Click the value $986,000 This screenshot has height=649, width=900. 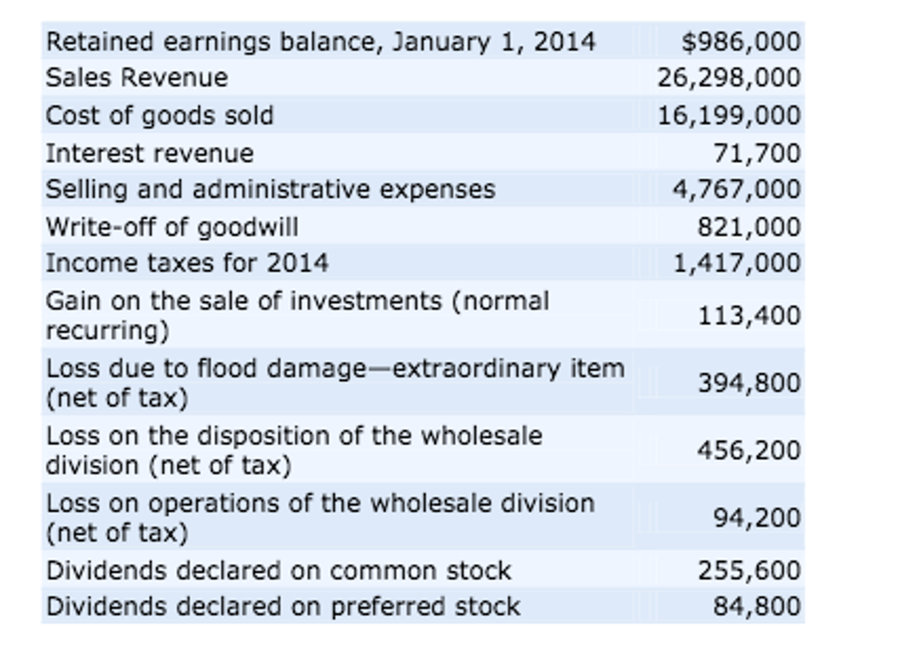pyautogui.click(x=741, y=42)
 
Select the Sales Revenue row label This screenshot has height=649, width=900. pyautogui.click(x=137, y=78)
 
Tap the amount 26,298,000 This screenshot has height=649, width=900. pyautogui.click(x=728, y=78)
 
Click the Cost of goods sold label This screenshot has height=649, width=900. pyautogui.click(x=160, y=116)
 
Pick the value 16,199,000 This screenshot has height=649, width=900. pyautogui.click(x=728, y=116)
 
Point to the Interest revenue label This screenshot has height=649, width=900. pyautogui.click(x=150, y=153)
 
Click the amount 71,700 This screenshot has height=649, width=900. pyautogui.click(x=757, y=153)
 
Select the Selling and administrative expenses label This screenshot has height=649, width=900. pyautogui.click(x=271, y=190)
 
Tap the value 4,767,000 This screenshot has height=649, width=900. pyautogui.click(x=736, y=190)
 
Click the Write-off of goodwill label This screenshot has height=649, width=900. pyautogui.click(x=172, y=227)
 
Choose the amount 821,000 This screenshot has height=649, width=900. pyautogui.click(x=749, y=227)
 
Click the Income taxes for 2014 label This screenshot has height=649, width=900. pyautogui.click(x=187, y=263)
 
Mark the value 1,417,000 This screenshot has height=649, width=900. pyautogui.click(x=736, y=263)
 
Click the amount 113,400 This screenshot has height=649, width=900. pyautogui.click(x=749, y=316)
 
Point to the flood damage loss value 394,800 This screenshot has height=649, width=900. pyautogui.click(x=749, y=383)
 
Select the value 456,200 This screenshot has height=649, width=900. pyautogui.click(x=749, y=450)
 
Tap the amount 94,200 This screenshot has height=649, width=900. pyautogui.click(x=757, y=518)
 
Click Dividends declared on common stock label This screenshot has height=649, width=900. pyautogui.click(x=278, y=571)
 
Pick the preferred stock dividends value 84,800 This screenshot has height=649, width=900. pyautogui.click(x=757, y=606)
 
